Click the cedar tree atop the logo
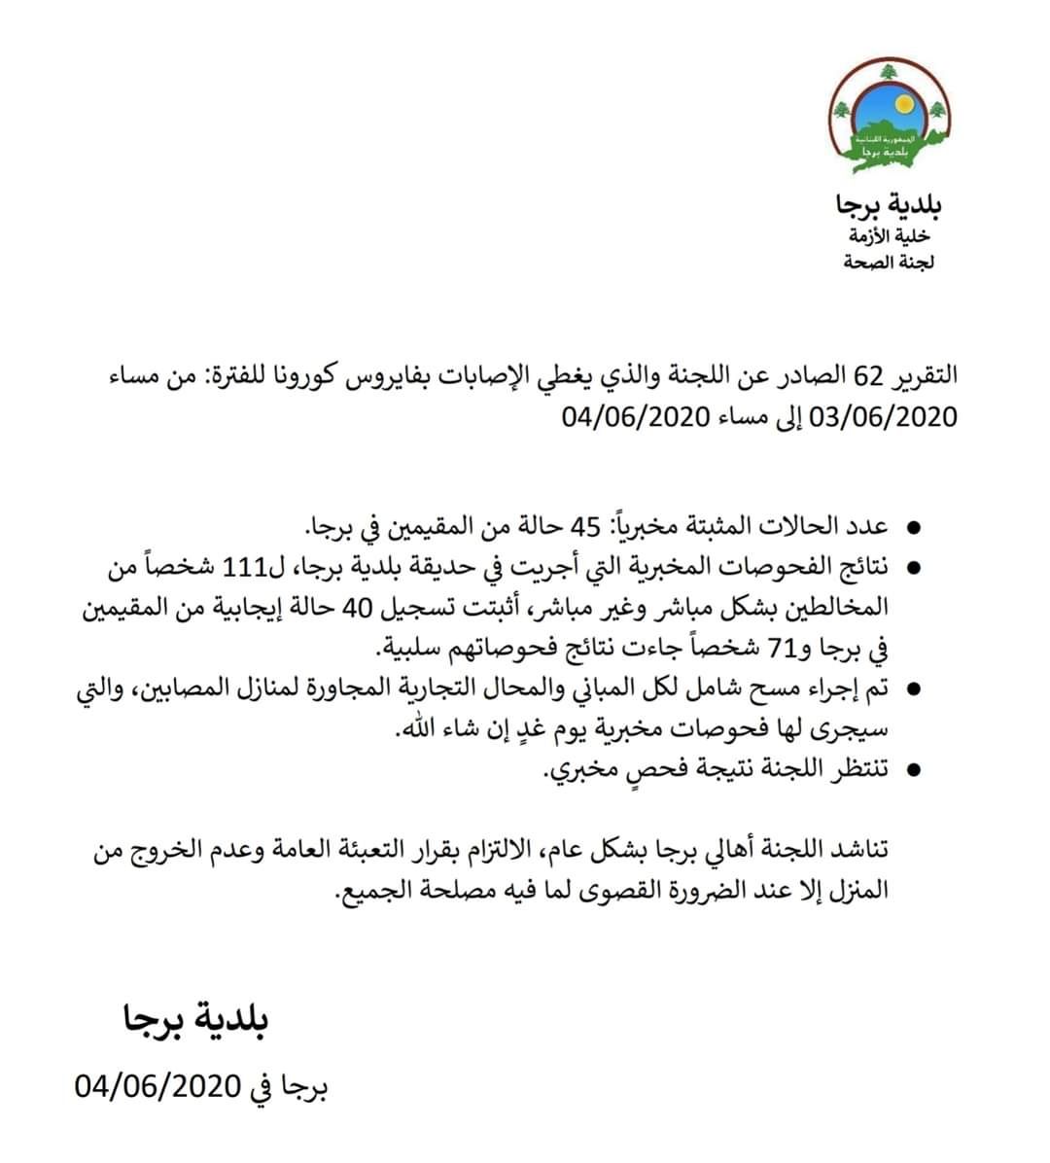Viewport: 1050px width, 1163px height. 887,73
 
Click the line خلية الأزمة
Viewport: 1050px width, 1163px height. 889,236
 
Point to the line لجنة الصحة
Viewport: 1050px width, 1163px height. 889,262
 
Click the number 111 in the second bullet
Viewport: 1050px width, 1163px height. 244,567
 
